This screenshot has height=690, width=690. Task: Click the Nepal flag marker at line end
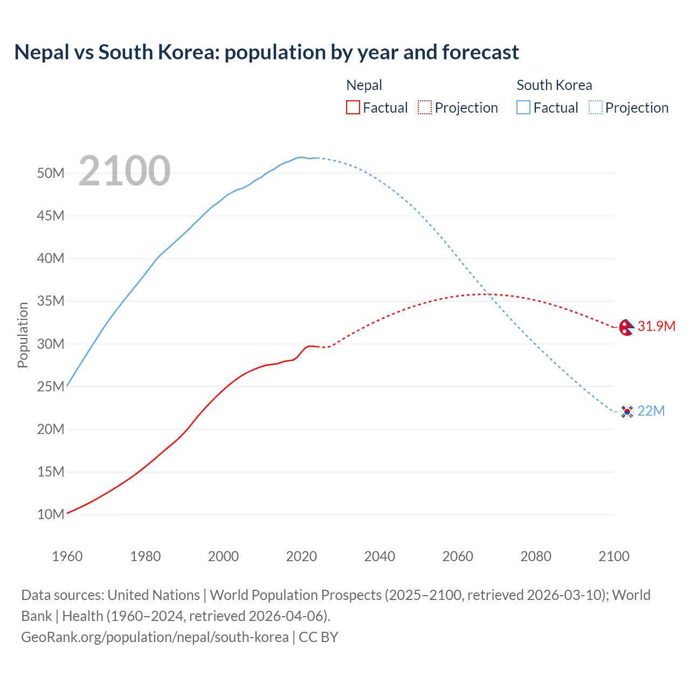click(626, 327)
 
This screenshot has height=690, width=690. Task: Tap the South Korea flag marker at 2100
click(626, 411)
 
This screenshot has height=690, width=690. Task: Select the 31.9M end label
click(656, 326)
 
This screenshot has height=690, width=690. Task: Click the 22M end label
click(651, 411)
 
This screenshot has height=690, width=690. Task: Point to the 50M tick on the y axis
click(51, 173)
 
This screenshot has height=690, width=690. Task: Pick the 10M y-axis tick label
click(51, 514)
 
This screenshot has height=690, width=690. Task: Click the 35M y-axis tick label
click(51, 301)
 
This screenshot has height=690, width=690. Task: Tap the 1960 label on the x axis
click(67, 556)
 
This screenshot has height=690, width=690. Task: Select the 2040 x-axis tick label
click(379, 556)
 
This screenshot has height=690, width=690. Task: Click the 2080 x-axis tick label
click(536, 556)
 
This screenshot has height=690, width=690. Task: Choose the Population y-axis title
click(23, 335)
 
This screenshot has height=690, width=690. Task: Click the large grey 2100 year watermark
click(125, 171)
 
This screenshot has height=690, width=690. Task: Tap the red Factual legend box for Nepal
click(353, 107)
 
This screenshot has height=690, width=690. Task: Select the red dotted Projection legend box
click(425, 107)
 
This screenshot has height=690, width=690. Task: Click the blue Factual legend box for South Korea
click(523, 107)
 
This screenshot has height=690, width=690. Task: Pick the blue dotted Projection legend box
click(595, 107)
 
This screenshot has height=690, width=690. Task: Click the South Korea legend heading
click(554, 85)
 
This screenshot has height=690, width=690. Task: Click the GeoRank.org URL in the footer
click(155, 637)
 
